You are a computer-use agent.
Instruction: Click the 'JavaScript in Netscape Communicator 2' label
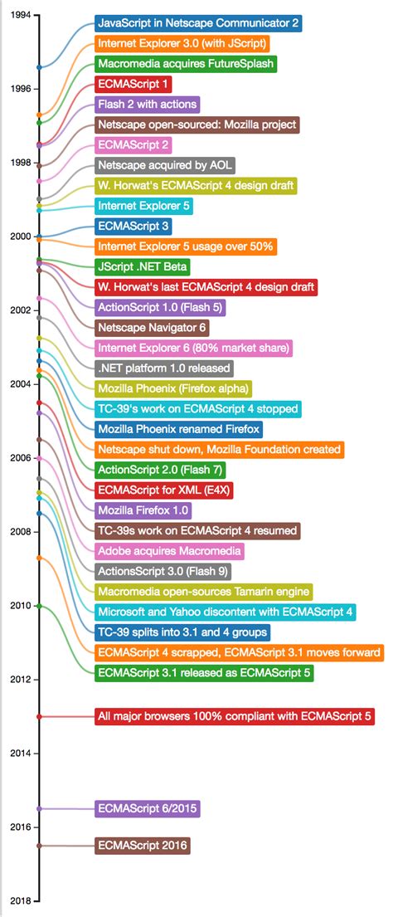click(x=197, y=23)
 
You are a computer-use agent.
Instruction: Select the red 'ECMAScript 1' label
click(x=133, y=84)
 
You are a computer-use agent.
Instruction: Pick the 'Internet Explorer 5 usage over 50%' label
click(x=185, y=246)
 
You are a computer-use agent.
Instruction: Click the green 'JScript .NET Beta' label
click(x=143, y=266)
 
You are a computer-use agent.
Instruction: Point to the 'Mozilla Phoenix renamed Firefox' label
click(x=178, y=429)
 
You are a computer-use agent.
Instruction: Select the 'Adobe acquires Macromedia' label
click(x=169, y=551)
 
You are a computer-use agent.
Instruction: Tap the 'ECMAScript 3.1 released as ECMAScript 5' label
click(x=204, y=673)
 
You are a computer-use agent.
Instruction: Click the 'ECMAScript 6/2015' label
click(x=148, y=808)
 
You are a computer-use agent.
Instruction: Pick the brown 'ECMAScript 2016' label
click(x=143, y=846)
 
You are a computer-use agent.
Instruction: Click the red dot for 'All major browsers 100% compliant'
click(x=39, y=716)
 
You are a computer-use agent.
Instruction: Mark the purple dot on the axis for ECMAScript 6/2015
click(x=39, y=808)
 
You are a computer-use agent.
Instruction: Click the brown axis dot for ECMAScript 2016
click(x=39, y=846)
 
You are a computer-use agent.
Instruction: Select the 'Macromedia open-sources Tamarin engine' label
click(x=203, y=592)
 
